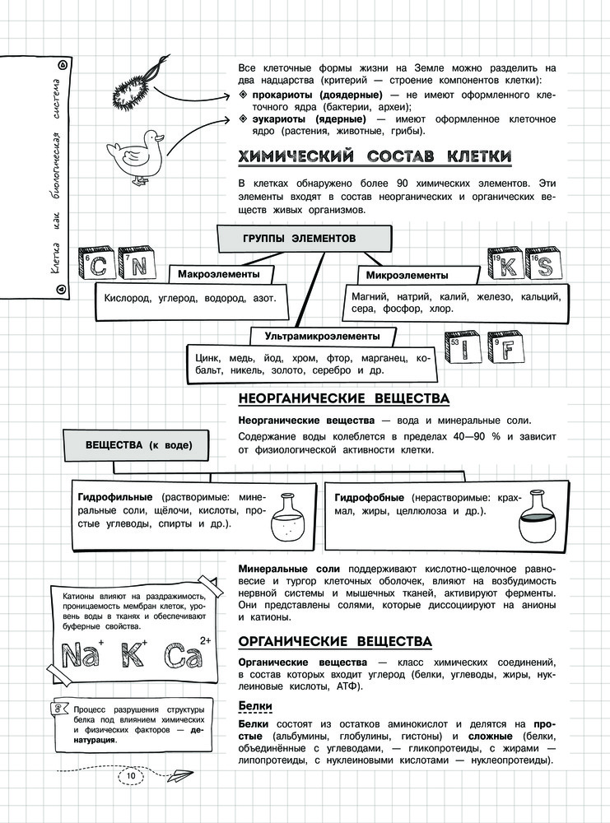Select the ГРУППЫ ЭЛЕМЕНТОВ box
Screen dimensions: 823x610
tap(299, 238)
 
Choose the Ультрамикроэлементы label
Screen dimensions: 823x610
tap(322, 336)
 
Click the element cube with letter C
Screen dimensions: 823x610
tap(96, 265)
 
